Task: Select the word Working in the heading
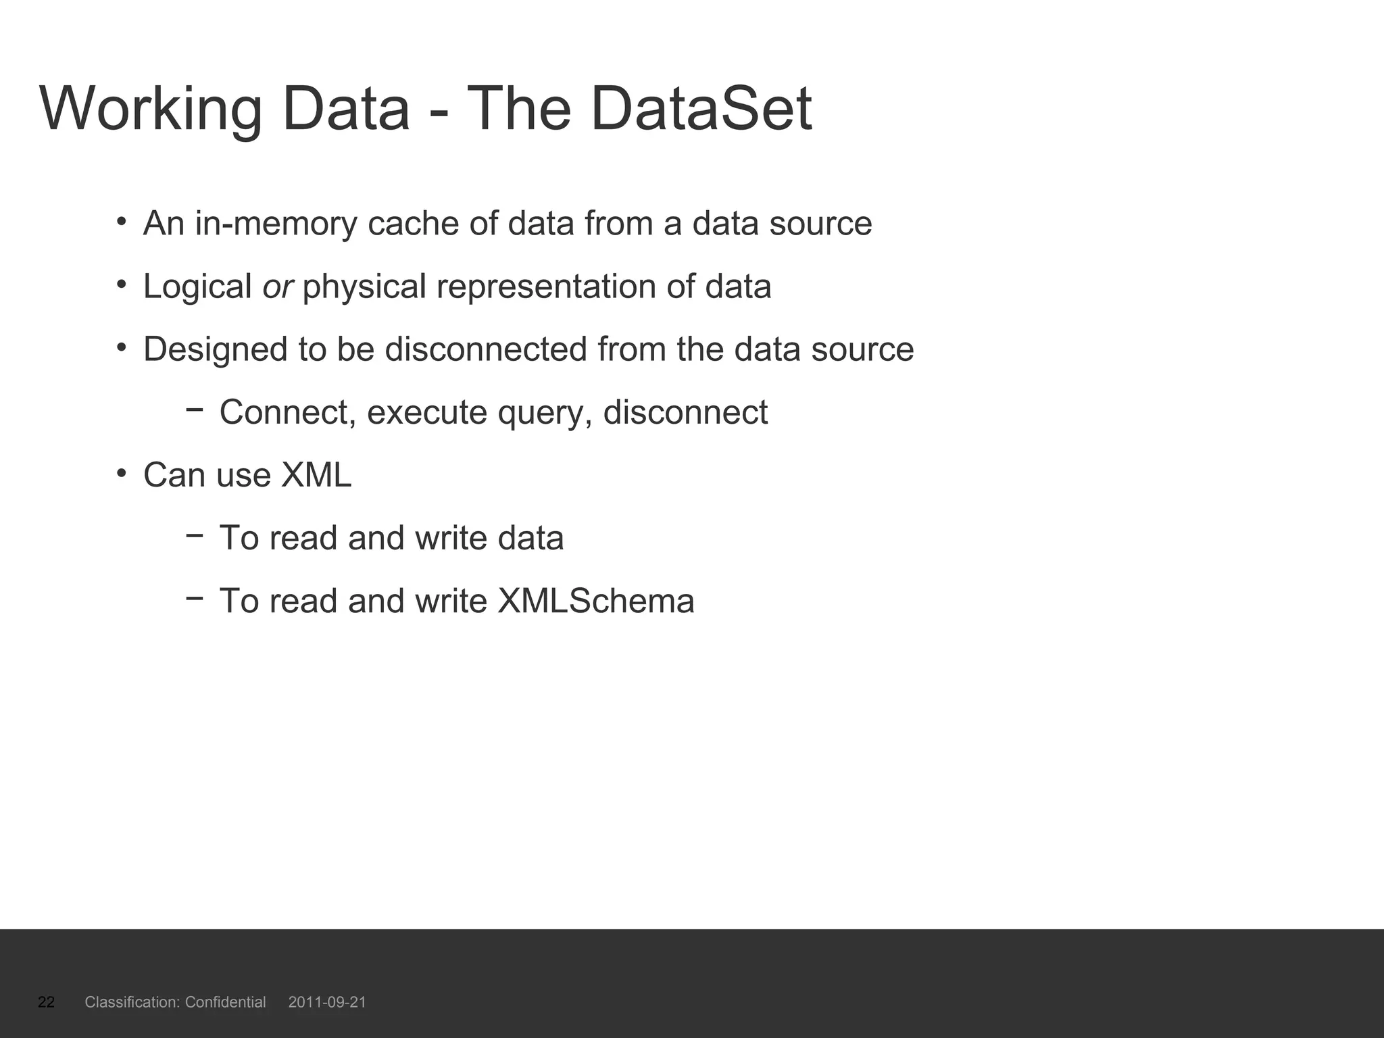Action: [x=151, y=109]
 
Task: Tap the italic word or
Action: [x=277, y=287]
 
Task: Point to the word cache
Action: [x=413, y=224]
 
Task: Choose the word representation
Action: [x=546, y=287]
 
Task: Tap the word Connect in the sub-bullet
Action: [x=284, y=412]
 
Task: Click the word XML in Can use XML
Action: [x=316, y=475]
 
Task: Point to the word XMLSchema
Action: [x=595, y=601]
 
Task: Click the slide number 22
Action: [x=46, y=1002]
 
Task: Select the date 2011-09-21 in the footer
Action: [x=327, y=1002]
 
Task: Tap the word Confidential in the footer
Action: [x=225, y=1002]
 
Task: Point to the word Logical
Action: [x=197, y=287]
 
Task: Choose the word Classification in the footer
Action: [x=132, y=1002]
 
